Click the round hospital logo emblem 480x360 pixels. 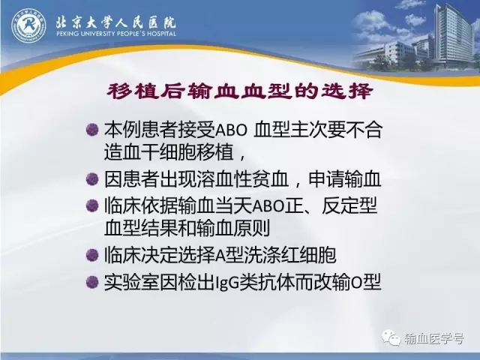click(x=28, y=25)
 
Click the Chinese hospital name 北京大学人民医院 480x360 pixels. click(x=115, y=22)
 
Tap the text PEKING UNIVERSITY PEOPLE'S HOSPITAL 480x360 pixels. click(x=116, y=33)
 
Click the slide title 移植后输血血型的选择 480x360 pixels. click(x=240, y=91)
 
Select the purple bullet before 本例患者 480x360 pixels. click(x=92, y=130)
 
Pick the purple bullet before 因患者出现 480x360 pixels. click(x=92, y=179)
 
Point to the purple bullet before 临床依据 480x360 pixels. click(x=92, y=206)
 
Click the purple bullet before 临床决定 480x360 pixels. click(x=92, y=255)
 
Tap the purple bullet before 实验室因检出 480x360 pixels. click(x=92, y=282)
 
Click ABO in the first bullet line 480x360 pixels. click(x=231, y=130)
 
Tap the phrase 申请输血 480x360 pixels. click(x=345, y=179)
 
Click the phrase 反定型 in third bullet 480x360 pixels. click(x=349, y=206)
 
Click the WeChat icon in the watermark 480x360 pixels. click(x=391, y=337)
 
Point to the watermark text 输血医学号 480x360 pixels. click(x=433, y=338)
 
